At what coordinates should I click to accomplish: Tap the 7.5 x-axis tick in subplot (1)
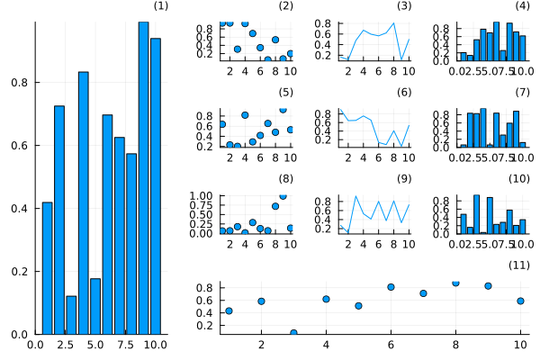[x=125, y=344]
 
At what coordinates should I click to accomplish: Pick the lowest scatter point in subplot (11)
[x=293, y=333]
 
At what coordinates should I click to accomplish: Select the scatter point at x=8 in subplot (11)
[x=455, y=283]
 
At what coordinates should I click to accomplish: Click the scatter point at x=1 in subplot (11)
[x=229, y=310]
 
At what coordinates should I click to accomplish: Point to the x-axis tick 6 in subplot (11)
[x=391, y=344]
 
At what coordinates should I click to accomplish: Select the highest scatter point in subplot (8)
[x=283, y=195]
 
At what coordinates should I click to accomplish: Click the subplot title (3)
[x=404, y=7]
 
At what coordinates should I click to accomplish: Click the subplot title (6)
[x=404, y=93]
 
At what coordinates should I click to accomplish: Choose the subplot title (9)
[x=404, y=179]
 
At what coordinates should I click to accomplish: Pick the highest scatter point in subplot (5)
[x=283, y=110]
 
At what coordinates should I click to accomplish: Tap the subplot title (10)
[x=519, y=179]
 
